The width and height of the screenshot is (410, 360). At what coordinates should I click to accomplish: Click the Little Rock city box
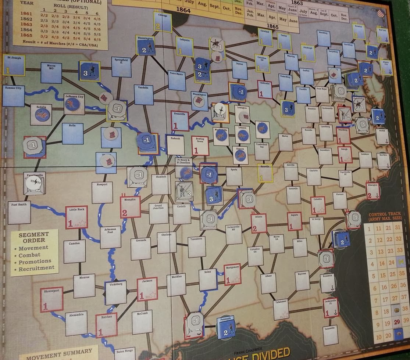tap(76, 217)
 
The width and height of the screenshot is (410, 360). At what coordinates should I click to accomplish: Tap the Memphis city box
tap(130, 207)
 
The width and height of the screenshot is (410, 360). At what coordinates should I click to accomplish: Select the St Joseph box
tap(14, 65)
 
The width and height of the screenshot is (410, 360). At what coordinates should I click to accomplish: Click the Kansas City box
tap(13, 95)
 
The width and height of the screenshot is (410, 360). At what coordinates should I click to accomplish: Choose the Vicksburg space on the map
tap(116, 293)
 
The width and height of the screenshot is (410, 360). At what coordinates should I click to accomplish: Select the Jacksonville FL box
tap(331, 307)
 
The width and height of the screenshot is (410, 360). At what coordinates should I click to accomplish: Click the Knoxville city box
tap(265, 173)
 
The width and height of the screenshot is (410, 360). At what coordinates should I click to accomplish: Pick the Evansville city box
tap(180, 121)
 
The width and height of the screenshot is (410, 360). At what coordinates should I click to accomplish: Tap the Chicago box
tap(162, 22)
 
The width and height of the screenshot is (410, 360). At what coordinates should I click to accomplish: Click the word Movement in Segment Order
tap(33, 248)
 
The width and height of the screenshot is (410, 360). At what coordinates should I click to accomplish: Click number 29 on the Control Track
tap(396, 323)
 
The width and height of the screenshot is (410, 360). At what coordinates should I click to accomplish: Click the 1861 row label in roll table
tap(26, 14)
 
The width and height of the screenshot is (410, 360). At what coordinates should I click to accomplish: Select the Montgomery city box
tap(232, 274)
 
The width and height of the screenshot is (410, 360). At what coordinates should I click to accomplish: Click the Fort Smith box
tap(19, 212)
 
